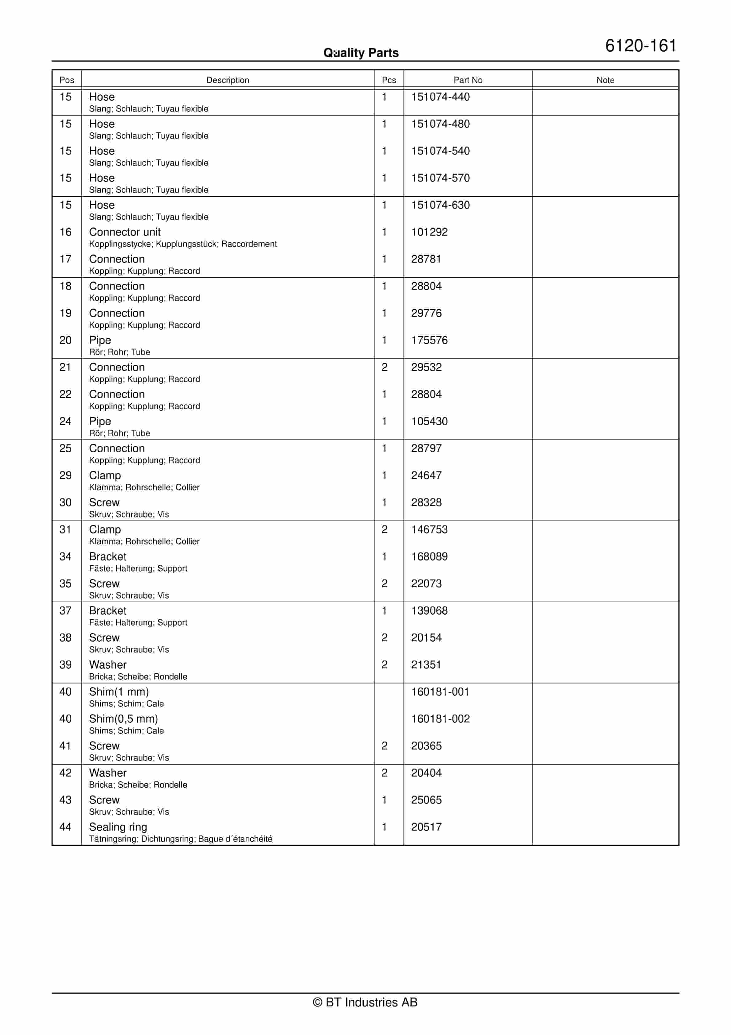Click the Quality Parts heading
point(361,53)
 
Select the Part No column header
point(467,80)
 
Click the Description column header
point(228,80)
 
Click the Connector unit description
point(125,232)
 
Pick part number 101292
point(429,232)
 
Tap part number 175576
point(429,340)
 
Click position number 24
point(65,422)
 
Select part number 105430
point(429,422)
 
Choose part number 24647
point(426,476)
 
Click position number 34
point(65,557)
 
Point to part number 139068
point(429,611)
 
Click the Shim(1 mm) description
point(119,692)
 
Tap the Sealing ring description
point(118,827)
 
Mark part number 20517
point(426,827)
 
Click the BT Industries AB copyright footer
point(365,1002)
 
